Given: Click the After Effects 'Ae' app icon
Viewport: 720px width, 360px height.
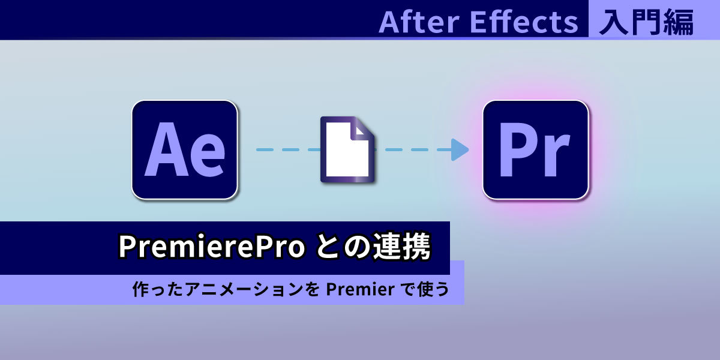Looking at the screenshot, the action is pyautogui.click(x=185, y=150).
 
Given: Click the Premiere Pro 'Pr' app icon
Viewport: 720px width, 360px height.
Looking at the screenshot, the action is pyautogui.click(x=536, y=150).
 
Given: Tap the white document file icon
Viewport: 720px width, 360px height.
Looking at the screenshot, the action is pyautogui.click(x=347, y=150).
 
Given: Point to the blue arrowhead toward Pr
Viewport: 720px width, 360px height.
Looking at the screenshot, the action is pyautogui.click(x=460, y=150).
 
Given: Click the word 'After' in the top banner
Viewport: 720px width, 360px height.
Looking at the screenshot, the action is pyautogui.click(x=419, y=22).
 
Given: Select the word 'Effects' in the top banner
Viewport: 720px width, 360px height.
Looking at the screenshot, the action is pyautogui.click(x=524, y=22).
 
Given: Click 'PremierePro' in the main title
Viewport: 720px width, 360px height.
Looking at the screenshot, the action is pyautogui.click(x=211, y=247).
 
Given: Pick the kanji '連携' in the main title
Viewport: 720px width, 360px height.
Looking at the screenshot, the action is pyautogui.click(x=401, y=246).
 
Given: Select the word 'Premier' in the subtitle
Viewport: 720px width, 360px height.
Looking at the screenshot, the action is pyautogui.click(x=361, y=289).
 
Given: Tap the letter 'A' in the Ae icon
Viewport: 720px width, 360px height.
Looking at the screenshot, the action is pyautogui.click(x=167, y=149).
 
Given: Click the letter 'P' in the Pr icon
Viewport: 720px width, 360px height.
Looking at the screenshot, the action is pyautogui.click(x=518, y=149).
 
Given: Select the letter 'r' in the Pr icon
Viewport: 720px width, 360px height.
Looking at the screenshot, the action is pyautogui.click(x=555, y=155).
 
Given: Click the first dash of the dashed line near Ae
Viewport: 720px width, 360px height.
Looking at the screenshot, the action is pyautogui.click(x=265, y=150).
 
